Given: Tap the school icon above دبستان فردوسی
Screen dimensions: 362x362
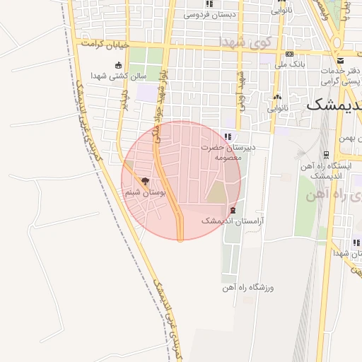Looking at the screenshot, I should point(209,4).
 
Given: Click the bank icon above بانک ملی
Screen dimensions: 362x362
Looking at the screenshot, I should point(290,54).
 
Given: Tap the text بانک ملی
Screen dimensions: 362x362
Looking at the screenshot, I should point(290,64).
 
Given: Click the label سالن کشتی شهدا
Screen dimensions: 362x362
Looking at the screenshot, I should point(118,76).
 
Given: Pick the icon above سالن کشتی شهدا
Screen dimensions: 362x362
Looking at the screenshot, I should point(118,65).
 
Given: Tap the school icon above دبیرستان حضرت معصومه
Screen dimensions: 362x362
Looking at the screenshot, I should point(227,136).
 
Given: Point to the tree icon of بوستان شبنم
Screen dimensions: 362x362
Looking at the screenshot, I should point(145,182).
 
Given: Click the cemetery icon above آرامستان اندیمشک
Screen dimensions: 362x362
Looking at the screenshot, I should point(233,211).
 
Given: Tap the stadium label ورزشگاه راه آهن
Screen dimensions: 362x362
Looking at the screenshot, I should point(249,288).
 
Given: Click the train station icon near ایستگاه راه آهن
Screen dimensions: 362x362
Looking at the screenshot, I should point(325,154).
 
